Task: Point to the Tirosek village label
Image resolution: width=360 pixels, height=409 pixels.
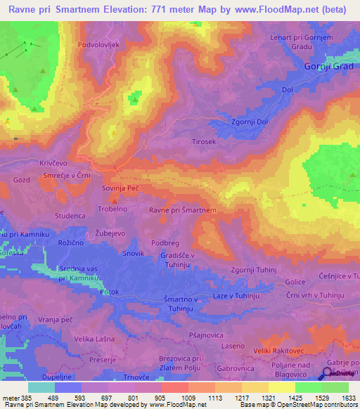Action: coord(207,141)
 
